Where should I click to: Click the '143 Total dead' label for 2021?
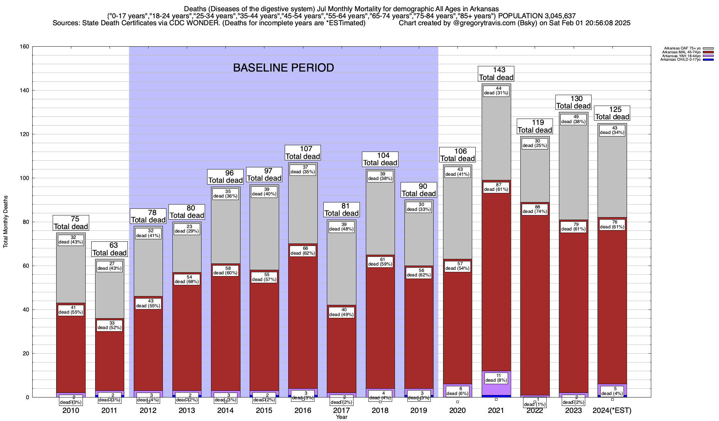496,74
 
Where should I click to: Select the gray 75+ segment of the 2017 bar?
341,267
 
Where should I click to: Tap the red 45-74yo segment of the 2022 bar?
535,298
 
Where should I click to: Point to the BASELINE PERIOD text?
283,68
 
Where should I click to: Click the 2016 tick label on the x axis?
303,410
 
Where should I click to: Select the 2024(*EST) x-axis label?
612,410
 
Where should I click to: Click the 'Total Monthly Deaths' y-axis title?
6,222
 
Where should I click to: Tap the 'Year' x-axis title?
341,417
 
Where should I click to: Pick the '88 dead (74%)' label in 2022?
535,209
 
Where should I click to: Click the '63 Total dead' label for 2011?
110,249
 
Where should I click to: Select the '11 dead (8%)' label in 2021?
496,378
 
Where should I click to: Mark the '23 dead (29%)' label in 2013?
187,229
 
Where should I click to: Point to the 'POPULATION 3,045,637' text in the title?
537,16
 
